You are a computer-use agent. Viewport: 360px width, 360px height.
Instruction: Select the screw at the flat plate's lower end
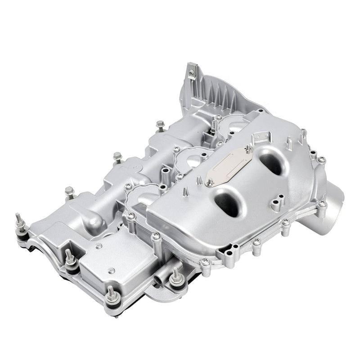click(210, 183)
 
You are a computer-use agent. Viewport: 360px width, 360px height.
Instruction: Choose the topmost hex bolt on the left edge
click(160, 125)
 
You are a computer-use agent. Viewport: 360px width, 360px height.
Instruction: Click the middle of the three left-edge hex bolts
click(117, 157)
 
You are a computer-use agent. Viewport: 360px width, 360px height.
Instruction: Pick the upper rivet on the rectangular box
click(99, 246)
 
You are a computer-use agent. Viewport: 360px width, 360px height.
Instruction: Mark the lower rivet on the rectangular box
click(111, 270)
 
